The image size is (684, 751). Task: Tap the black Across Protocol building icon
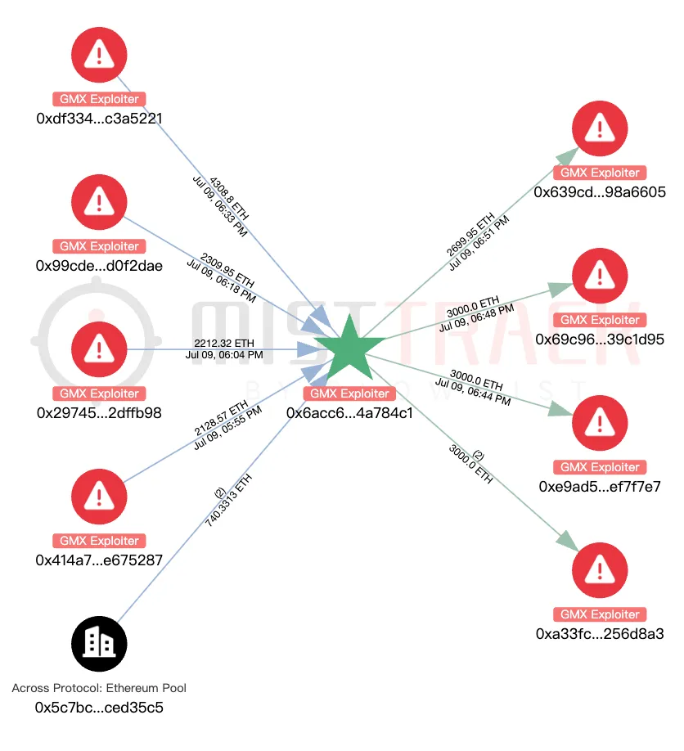(x=99, y=644)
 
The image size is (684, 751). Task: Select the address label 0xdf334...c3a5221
(x=99, y=119)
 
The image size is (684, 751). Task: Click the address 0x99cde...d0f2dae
(x=99, y=266)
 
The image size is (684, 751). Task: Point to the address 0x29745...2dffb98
(x=99, y=413)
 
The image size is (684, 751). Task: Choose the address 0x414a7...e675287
(x=99, y=560)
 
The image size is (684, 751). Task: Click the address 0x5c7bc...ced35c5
(x=99, y=708)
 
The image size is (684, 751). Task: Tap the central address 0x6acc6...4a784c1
(x=349, y=413)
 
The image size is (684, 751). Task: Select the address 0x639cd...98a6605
(x=600, y=192)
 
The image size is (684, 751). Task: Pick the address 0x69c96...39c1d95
(x=600, y=340)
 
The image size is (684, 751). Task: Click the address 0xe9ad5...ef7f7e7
(x=600, y=487)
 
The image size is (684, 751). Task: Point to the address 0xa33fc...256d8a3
(x=600, y=634)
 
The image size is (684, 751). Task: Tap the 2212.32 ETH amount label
(x=224, y=343)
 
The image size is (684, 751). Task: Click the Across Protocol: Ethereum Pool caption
(x=99, y=688)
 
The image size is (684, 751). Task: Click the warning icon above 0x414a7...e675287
(x=99, y=497)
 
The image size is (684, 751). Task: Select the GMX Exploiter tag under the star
(x=349, y=393)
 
